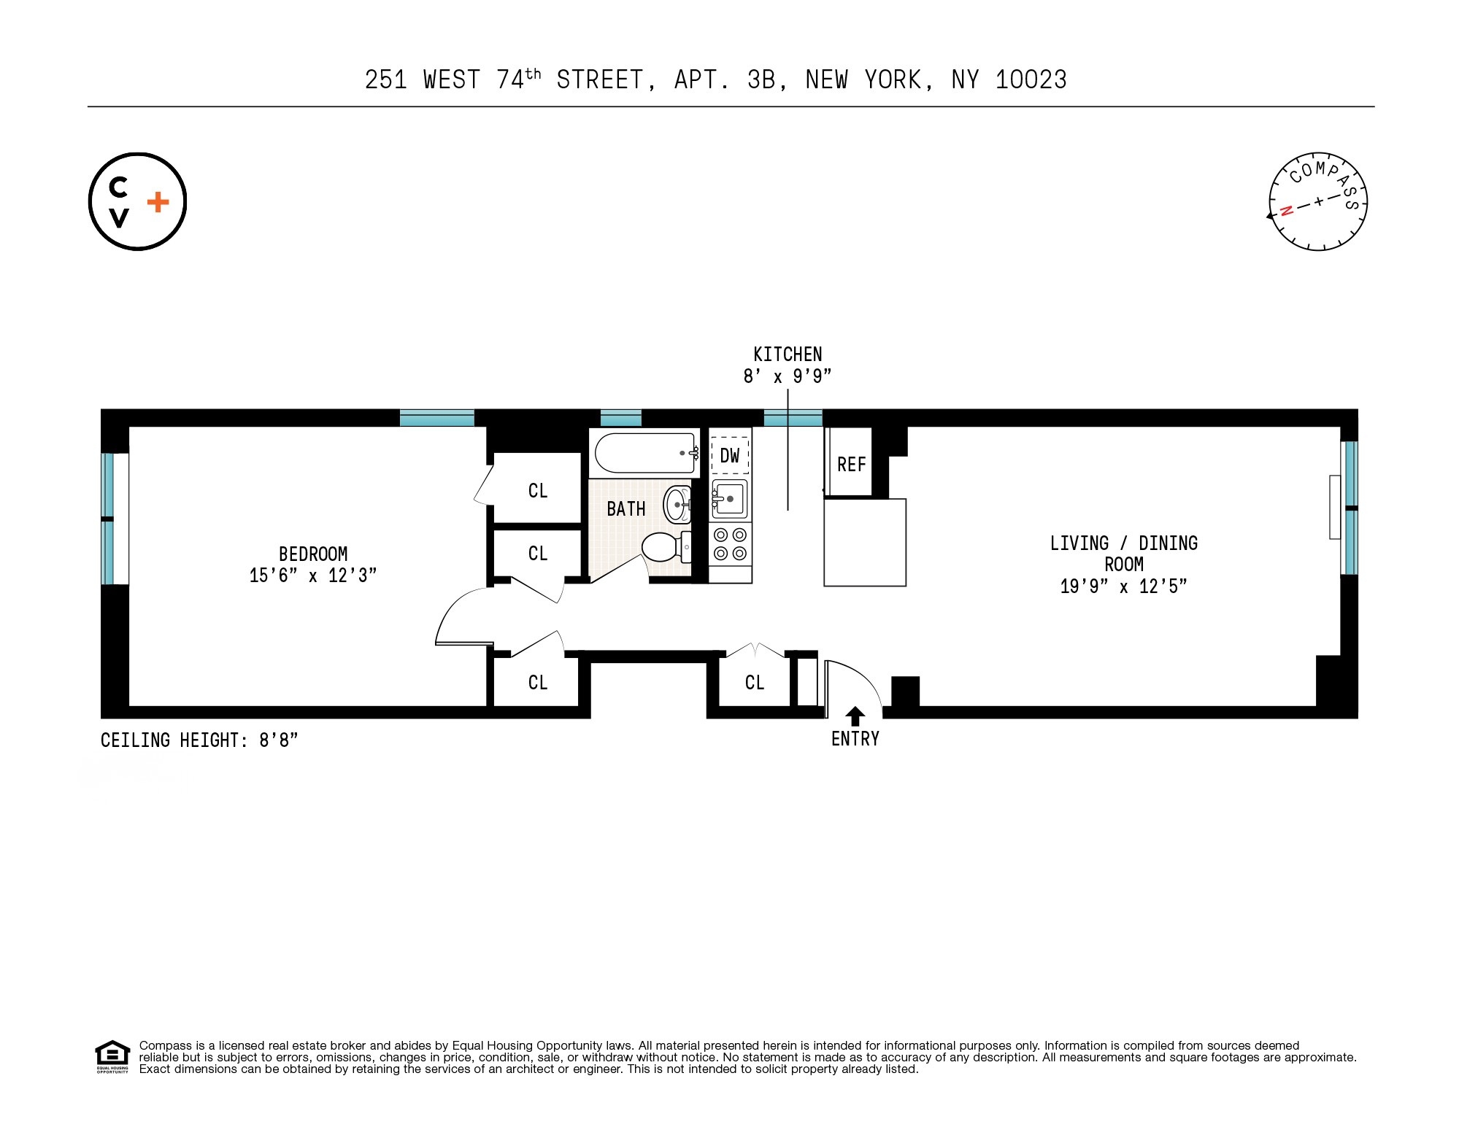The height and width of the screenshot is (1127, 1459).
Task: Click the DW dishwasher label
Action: click(x=730, y=456)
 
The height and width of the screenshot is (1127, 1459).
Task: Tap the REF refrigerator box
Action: click(x=851, y=464)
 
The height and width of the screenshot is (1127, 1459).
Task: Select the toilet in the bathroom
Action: click(x=663, y=547)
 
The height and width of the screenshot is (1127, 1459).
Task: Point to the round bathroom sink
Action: click(x=677, y=504)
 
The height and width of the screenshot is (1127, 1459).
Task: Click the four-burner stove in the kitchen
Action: click(x=731, y=543)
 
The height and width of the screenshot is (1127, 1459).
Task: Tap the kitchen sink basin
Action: click(x=729, y=498)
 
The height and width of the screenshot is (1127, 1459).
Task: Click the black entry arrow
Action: click(x=855, y=716)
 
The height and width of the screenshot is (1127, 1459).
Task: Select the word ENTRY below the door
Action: click(x=855, y=739)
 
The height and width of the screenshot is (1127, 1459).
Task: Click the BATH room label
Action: click(x=626, y=508)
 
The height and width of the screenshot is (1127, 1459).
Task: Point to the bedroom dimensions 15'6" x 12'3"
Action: click(x=312, y=576)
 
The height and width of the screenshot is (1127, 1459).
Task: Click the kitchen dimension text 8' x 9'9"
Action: click(x=788, y=376)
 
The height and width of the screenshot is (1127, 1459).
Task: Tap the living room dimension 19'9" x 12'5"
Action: click(x=1123, y=586)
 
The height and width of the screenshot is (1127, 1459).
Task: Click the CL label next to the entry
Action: click(x=754, y=683)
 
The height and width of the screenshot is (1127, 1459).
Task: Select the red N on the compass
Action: click(x=1286, y=211)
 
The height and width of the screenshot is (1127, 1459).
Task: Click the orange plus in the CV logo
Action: click(x=158, y=202)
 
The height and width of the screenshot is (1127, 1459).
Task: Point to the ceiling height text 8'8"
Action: click(x=279, y=740)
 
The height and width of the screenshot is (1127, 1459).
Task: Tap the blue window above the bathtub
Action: click(x=620, y=418)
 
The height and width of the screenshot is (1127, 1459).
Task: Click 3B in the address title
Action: click(x=761, y=80)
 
